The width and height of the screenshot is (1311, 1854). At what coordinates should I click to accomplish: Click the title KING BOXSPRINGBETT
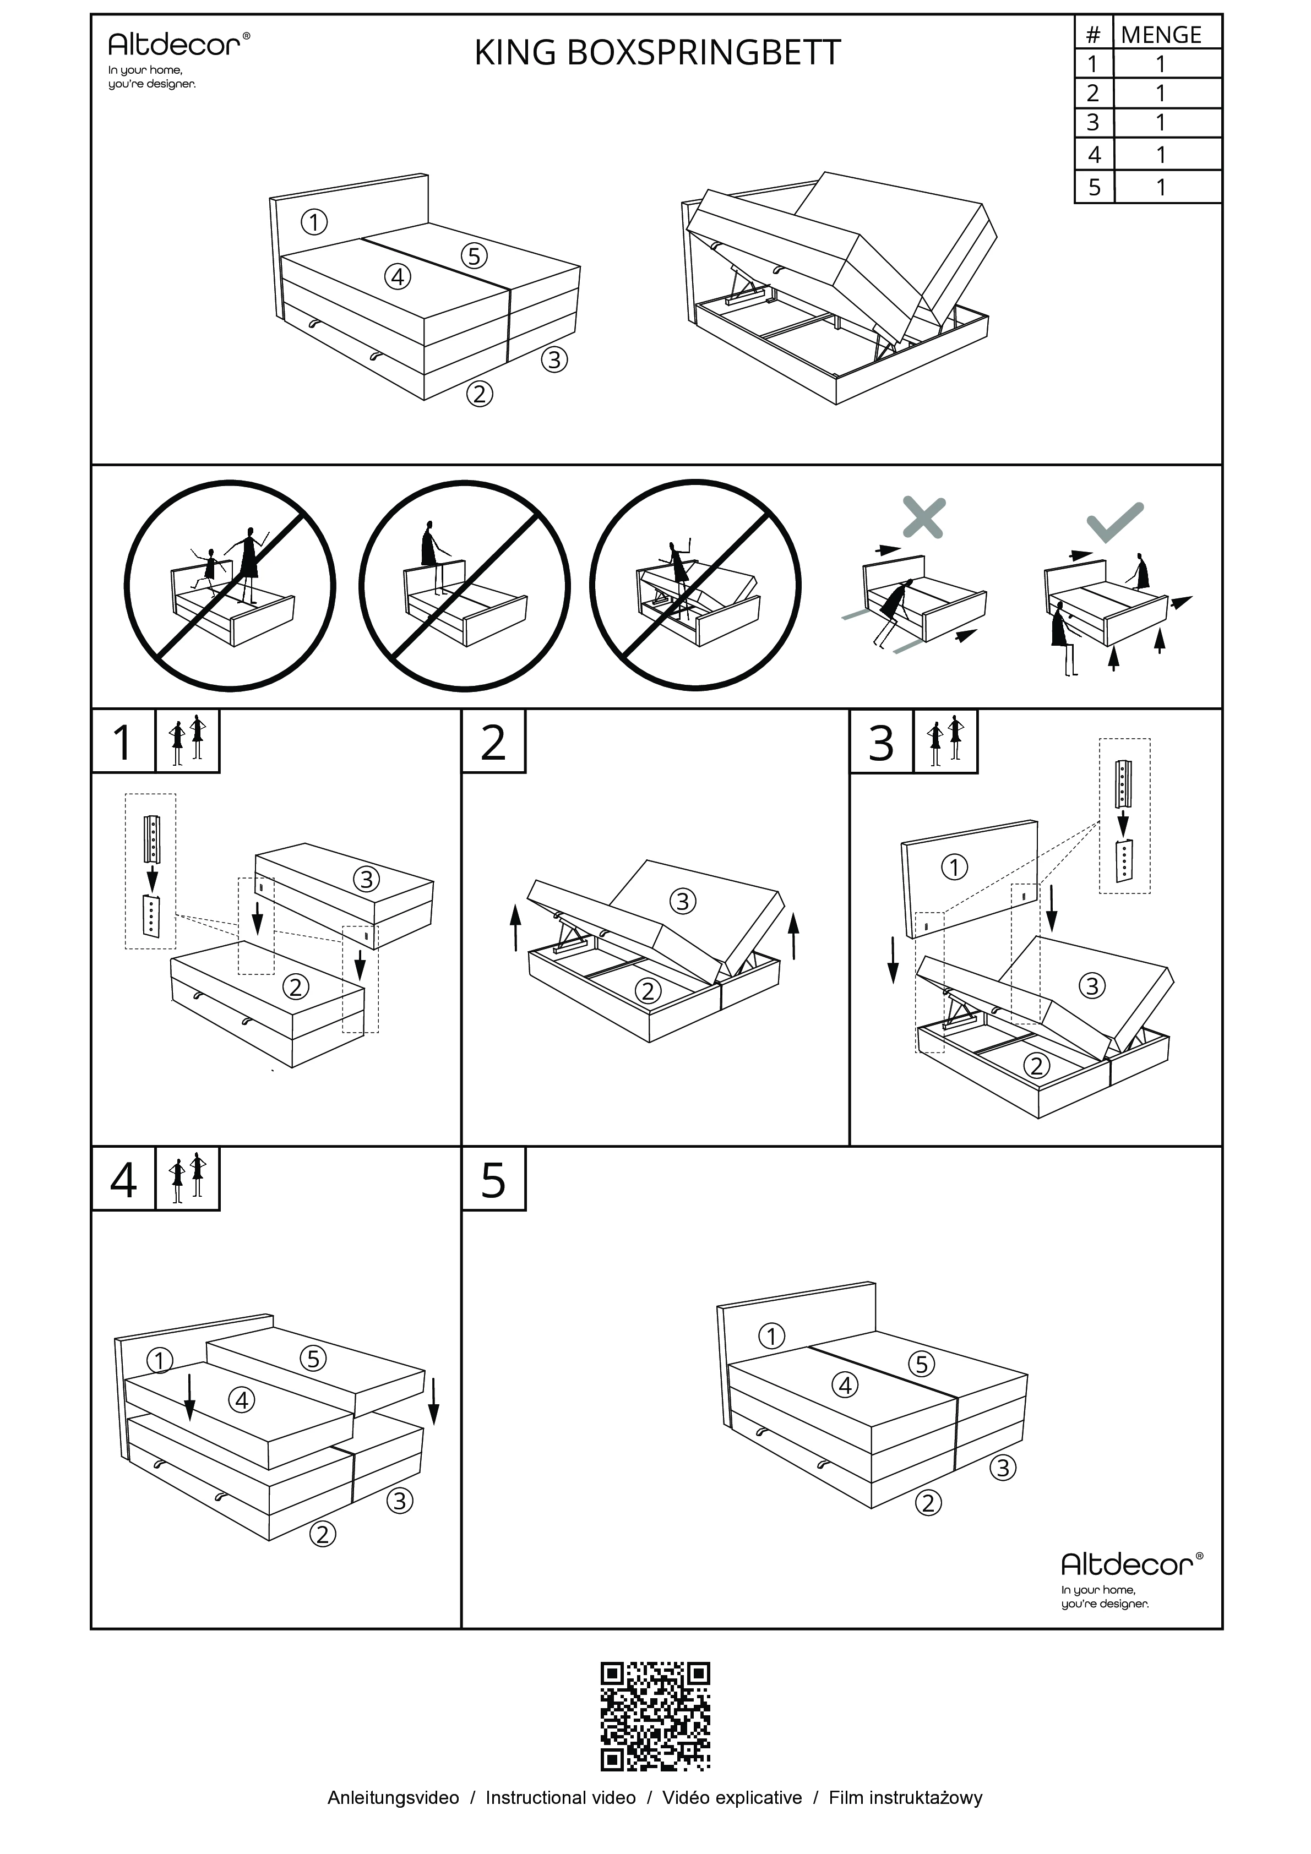[x=657, y=53]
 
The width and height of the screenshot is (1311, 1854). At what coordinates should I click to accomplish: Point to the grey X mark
[x=923, y=517]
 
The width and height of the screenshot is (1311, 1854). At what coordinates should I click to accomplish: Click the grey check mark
[x=1116, y=522]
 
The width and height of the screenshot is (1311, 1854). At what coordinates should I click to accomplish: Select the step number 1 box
[x=123, y=742]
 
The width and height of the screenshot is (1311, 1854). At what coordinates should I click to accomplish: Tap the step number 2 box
[x=493, y=742]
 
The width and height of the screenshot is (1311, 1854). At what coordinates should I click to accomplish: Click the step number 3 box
[x=882, y=742]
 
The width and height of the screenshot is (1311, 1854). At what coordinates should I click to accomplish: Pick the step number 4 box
[x=123, y=1180]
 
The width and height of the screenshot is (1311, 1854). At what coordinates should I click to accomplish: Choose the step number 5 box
[x=493, y=1180]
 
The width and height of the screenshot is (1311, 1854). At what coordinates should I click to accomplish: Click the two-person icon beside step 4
[x=187, y=1179]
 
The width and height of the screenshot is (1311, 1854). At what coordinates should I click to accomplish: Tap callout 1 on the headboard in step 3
[x=955, y=867]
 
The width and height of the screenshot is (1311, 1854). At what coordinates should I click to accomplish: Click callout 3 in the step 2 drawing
[x=683, y=901]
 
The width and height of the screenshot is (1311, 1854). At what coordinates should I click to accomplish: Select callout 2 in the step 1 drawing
[x=296, y=987]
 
